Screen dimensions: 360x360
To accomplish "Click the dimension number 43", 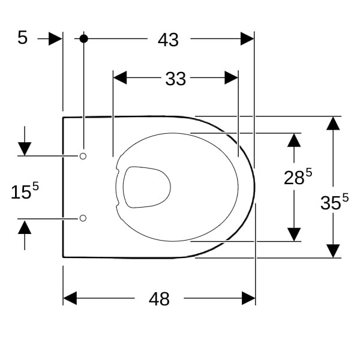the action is pos(168,40).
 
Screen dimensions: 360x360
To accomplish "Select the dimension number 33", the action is pos(176,79).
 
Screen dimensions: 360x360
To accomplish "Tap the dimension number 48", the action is pos(159,299).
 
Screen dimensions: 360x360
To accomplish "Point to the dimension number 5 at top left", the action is pos(23,38).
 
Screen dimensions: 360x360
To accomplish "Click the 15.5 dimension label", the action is pos(25,191).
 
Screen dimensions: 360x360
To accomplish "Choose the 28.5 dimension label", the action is pos(298,176).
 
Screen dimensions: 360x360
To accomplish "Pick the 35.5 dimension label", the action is pos(335,202).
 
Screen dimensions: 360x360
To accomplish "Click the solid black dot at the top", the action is pos(84,38).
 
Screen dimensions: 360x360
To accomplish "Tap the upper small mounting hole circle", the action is pos(83,157).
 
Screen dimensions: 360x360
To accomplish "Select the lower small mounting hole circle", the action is pos(83,218).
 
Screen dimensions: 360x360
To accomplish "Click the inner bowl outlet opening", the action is pos(147,187).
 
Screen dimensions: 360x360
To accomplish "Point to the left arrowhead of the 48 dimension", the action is pos(70,298).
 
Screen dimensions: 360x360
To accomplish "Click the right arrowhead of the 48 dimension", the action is pos(248,298).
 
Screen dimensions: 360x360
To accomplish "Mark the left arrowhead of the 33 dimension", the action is pos(120,77).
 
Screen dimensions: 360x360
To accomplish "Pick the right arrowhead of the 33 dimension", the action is pos(231,77).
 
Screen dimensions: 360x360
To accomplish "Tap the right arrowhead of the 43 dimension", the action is pos(247,38).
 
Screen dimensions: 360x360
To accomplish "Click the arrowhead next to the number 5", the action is pos(56,38).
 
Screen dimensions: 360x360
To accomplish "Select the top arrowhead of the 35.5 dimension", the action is pos(333,123).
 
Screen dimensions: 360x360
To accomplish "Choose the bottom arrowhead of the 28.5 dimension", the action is pos(294,235).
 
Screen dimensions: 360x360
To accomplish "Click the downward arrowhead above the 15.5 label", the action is pos(25,149).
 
